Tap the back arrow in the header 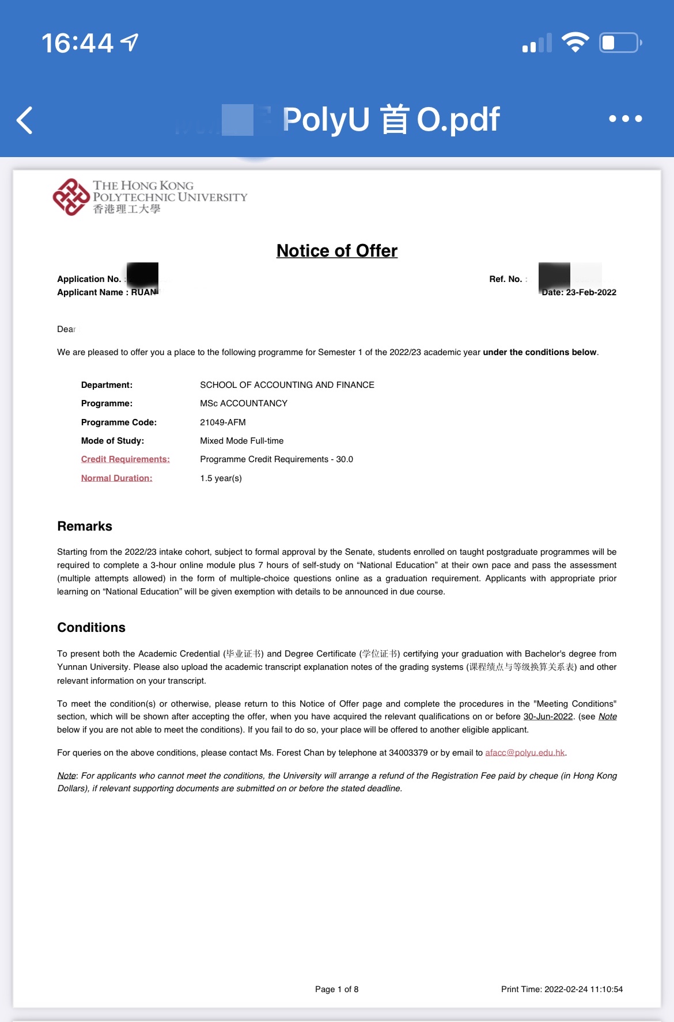point(25,120)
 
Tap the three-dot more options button point(625,119)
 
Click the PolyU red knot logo point(71,197)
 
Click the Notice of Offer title point(337,251)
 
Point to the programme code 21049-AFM point(223,422)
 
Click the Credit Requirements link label point(126,459)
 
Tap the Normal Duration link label point(116,478)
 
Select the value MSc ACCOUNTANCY point(244,403)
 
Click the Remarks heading point(85,527)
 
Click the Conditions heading point(91,628)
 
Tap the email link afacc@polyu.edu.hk point(525,753)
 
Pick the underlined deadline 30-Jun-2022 point(548,716)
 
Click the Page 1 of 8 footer point(336,989)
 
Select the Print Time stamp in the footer point(562,989)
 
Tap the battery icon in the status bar point(620,43)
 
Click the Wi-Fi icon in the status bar point(575,43)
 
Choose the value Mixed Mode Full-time point(242,441)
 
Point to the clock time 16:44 point(77,43)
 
